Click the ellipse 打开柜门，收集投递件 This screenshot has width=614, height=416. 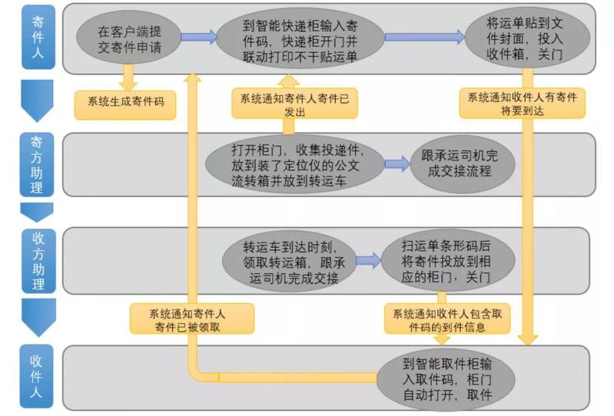tap(293, 164)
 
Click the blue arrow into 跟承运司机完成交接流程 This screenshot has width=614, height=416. tap(397, 164)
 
